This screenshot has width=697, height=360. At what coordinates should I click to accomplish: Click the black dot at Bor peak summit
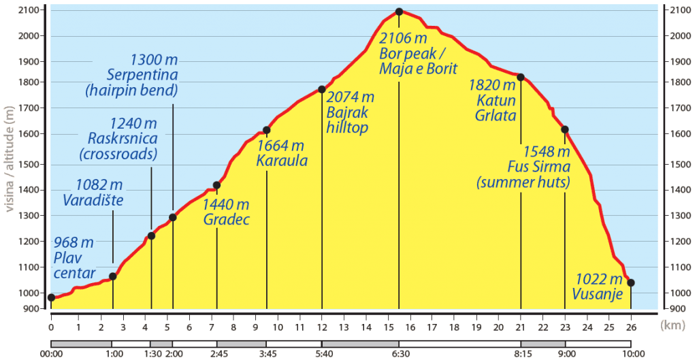(399, 12)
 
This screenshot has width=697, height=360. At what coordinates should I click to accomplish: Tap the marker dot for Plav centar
(51, 297)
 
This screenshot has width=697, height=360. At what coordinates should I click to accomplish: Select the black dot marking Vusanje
(631, 283)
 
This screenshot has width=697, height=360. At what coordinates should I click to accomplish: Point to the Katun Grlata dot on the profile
(521, 77)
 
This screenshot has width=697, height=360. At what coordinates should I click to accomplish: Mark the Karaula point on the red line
(266, 130)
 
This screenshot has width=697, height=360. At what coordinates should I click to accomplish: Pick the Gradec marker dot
(216, 185)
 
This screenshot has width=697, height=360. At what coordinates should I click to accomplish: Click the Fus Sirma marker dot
(564, 129)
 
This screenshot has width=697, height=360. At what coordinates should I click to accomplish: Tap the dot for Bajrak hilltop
(321, 89)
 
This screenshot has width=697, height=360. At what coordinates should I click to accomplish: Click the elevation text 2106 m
(404, 38)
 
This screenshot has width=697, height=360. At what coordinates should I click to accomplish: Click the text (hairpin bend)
(138, 89)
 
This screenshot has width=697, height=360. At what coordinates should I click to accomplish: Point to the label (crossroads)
(117, 154)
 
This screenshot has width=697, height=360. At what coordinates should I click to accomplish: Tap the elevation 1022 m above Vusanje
(599, 278)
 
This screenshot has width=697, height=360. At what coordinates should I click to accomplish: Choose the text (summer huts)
(523, 182)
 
